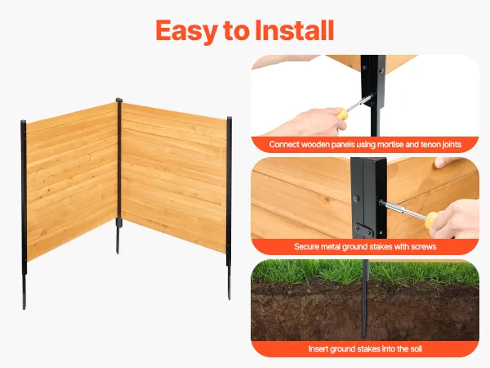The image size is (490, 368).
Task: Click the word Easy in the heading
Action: coord(186,31)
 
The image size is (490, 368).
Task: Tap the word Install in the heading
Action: coord(294,30)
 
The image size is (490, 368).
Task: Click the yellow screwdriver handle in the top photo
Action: coord(342,114)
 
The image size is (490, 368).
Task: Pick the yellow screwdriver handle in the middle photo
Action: coord(432,220)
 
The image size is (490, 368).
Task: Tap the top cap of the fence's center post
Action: coord(119,100)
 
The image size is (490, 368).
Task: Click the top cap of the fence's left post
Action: coord(24,122)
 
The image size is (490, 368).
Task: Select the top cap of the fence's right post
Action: coord(229,119)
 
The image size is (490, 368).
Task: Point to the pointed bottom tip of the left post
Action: coord(24,309)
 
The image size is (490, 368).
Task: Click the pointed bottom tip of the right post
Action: coord(229,298)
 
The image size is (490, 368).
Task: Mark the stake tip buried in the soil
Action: coord(363,336)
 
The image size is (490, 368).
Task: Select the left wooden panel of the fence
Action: coord(72,182)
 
